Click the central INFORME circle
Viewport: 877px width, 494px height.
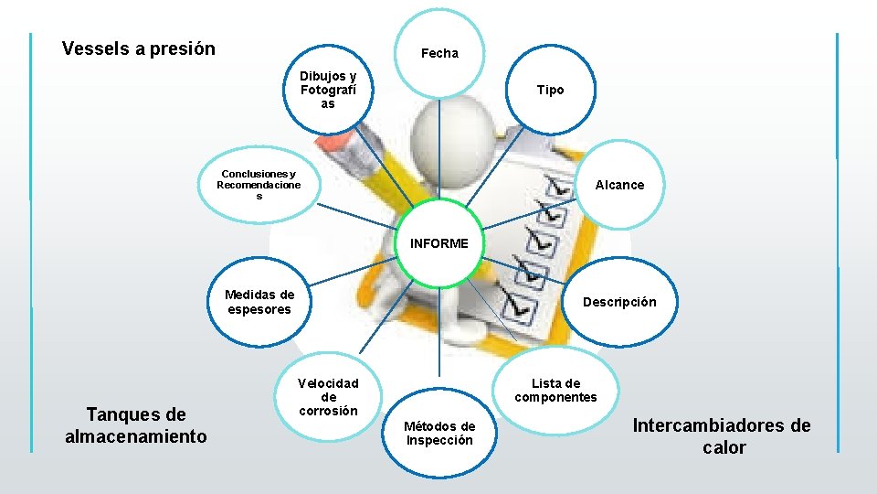(x=439, y=244)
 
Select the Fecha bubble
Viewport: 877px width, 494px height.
(x=439, y=53)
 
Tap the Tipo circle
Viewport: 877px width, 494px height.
(x=550, y=90)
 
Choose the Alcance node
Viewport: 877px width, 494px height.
(x=619, y=185)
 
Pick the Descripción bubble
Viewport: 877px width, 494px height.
(x=619, y=302)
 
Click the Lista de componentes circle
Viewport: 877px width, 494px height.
(x=555, y=390)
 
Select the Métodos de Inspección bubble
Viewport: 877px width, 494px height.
(x=439, y=433)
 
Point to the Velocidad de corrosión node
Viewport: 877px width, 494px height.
(x=328, y=397)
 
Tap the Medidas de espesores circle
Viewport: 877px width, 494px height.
(x=259, y=302)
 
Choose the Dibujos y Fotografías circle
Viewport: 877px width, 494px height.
(x=328, y=90)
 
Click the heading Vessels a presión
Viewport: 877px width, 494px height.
(x=139, y=48)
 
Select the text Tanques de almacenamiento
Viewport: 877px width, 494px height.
(x=136, y=425)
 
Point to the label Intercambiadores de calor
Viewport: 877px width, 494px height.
(x=722, y=436)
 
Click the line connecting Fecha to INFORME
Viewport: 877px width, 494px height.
(x=439, y=151)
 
